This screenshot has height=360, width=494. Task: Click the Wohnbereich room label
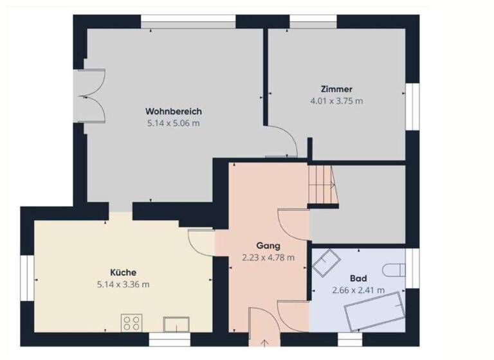pyautogui.click(x=173, y=111)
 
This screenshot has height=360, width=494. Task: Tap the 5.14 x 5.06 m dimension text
pyautogui.click(x=173, y=123)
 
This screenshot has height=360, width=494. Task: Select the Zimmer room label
pyautogui.click(x=336, y=89)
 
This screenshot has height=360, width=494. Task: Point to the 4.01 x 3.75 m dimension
pyautogui.click(x=336, y=101)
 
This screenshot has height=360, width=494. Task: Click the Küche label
pyautogui.click(x=123, y=272)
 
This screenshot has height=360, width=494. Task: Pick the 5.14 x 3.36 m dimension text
pyautogui.click(x=123, y=284)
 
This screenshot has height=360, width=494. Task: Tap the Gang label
pyautogui.click(x=268, y=246)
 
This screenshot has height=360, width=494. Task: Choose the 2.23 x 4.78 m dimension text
pyautogui.click(x=268, y=258)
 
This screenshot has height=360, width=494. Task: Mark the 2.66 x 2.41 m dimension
pyautogui.click(x=358, y=291)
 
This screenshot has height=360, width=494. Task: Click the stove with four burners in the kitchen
pyautogui.click(x=132, y=322)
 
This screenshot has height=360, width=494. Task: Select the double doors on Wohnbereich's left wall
pyautogui.click(x=88, y=96)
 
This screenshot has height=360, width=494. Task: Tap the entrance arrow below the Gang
pyautogui.click(x=265, y=343)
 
